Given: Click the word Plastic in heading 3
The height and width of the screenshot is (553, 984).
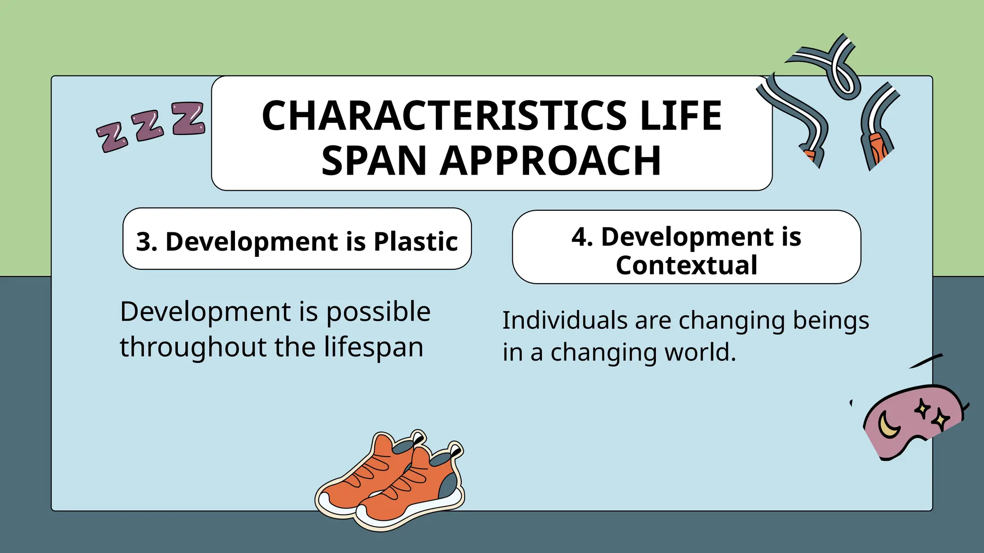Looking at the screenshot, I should click(416, 241).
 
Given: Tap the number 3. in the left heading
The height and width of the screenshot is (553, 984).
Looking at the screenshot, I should click(147, 241).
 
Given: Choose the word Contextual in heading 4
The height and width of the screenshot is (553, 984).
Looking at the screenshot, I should click(687, 265).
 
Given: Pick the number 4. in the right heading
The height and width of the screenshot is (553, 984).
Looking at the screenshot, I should click(582, 237).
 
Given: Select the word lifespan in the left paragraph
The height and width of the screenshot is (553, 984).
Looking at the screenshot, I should click(373, 348).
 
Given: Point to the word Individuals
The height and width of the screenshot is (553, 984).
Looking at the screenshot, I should click(565, 320).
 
